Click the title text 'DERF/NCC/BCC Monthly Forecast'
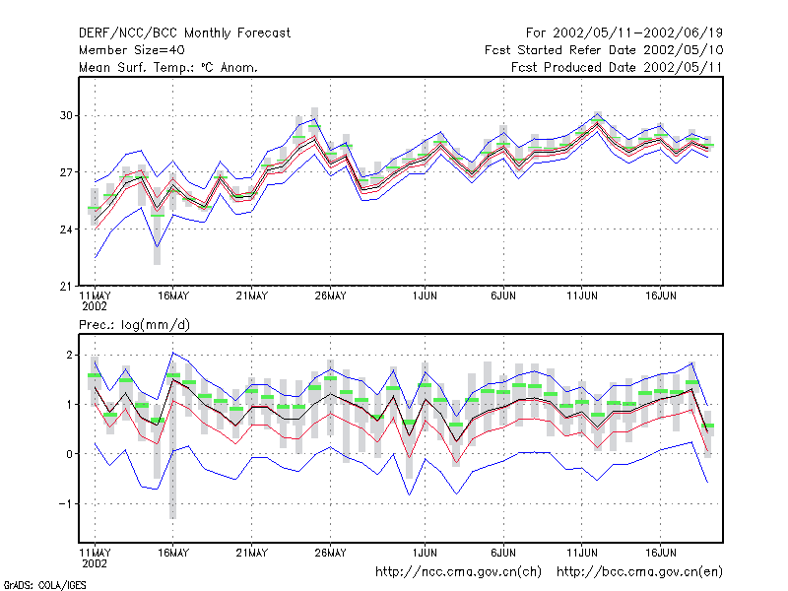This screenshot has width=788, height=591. (184, 33)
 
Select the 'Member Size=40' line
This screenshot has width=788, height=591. (132, 50)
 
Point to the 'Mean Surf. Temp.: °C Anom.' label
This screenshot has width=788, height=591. (168, 67)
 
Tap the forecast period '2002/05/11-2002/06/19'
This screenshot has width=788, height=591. (637, 33)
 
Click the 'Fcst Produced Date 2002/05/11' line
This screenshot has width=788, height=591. (617, 67)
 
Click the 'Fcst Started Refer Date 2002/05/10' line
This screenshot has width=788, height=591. (604, 50)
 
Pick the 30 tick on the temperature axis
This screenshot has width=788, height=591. (66, 115)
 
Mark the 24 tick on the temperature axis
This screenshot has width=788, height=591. (66, 230)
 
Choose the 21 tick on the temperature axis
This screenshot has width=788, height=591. (66, 287)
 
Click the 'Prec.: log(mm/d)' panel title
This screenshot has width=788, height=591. (134, 325)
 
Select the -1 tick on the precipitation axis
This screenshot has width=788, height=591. (65, 503)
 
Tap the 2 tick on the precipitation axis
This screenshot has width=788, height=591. (69, 356)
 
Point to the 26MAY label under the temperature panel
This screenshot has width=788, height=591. (330, 296)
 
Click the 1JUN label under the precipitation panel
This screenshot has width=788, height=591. (425, 553)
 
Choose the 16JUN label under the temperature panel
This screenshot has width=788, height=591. (660, 296)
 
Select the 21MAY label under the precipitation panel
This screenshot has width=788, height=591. (252, 553)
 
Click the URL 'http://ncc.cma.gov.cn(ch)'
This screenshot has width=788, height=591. (458, 572)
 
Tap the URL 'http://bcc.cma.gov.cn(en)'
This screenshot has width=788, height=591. (639, 572)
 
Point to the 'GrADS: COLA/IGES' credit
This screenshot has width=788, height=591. (44, 585)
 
